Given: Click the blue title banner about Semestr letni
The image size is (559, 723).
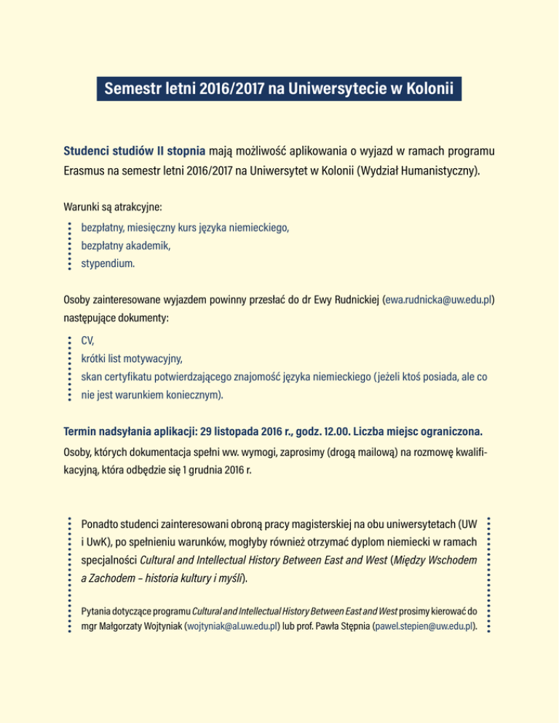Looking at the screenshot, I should pos(279,90).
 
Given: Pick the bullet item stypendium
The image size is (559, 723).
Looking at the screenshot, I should pos(108,265).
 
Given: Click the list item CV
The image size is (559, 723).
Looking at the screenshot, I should pos(87,340).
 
